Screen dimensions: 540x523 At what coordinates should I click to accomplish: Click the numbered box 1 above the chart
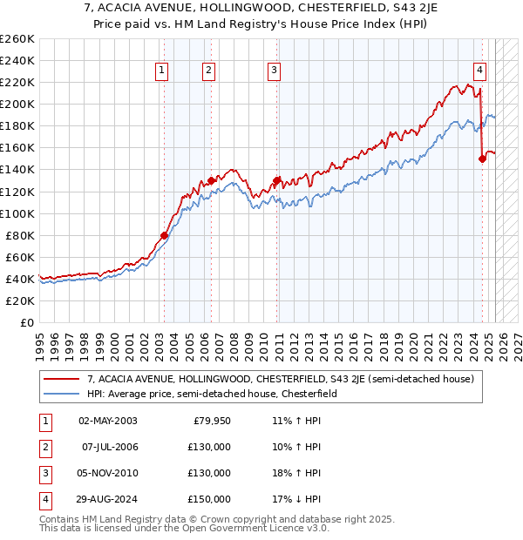point(163,71)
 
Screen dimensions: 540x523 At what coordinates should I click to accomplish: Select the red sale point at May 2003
point(164,235)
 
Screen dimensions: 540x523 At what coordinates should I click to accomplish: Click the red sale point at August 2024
point(482,159)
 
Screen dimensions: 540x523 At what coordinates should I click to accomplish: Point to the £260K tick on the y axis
point(17,39)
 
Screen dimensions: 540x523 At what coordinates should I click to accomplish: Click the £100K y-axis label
point(17,213)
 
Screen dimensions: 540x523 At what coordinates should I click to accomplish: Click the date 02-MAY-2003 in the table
point(107,421)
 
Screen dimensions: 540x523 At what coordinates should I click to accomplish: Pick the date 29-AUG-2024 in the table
point(107,499)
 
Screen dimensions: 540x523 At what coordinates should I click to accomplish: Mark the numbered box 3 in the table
point(44,473)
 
